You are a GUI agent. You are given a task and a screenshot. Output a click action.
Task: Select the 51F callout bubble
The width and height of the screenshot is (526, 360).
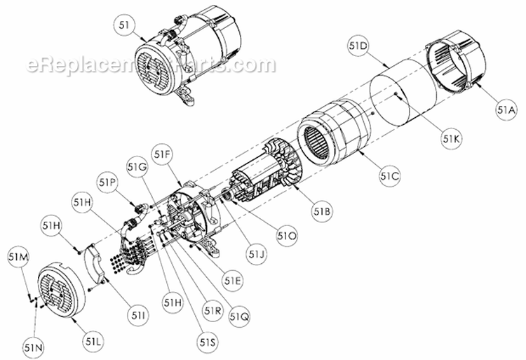[x=163, y=153]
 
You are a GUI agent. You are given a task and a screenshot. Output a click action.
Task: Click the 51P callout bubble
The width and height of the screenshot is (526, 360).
[x=107, y=181]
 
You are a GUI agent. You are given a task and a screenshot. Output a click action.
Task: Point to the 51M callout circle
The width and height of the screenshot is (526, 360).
[x=19, y=258]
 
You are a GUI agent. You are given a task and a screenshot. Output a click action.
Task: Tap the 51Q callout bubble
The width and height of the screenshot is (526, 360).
[x=238, y=315]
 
